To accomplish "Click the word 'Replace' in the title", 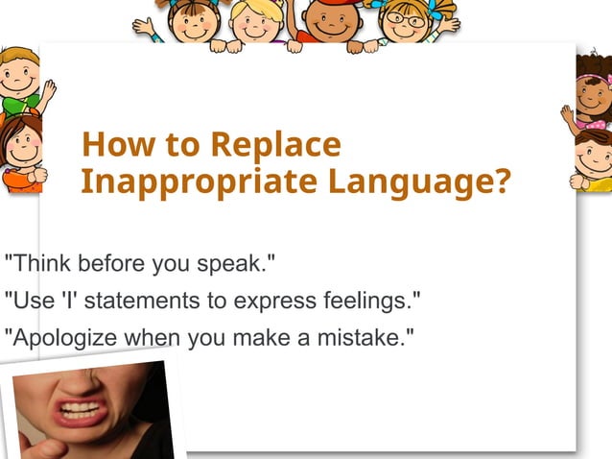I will [274, 145].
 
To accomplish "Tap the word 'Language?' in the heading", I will [418, 181].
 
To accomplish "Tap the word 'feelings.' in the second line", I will [368, 301].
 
